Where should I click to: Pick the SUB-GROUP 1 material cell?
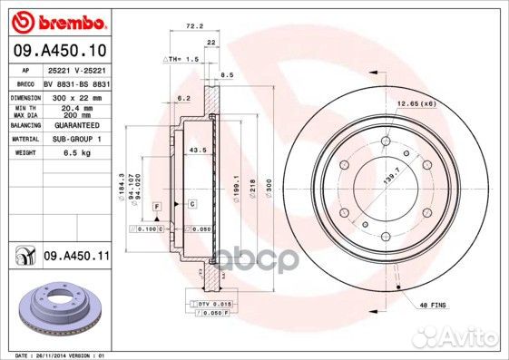84,140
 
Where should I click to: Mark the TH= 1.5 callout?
180,58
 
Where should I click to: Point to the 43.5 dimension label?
193,149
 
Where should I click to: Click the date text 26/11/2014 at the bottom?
64,355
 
